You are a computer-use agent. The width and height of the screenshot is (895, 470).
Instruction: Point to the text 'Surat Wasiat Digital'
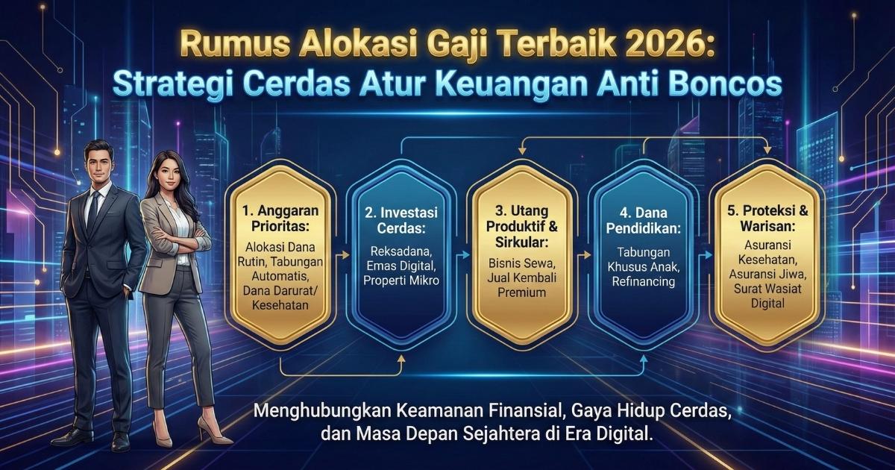pos(766,295)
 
